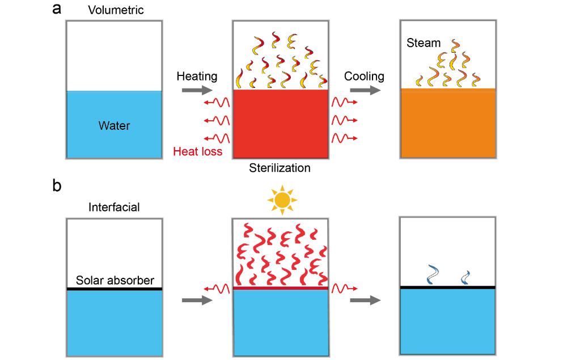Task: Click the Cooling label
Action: click(x=364, y=76)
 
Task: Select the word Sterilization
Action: click(x=280, y=168)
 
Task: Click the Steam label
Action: click(x=423, y=43)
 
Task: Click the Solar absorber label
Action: click(x=115, y=280)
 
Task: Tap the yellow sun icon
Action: click(x=282, y=200)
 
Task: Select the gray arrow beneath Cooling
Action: click(x=364, y=90)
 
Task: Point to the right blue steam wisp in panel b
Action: click(x=467, y=277)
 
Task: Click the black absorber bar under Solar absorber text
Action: click(x=115, y=289)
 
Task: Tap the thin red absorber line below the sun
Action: click(x=281, y=288)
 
